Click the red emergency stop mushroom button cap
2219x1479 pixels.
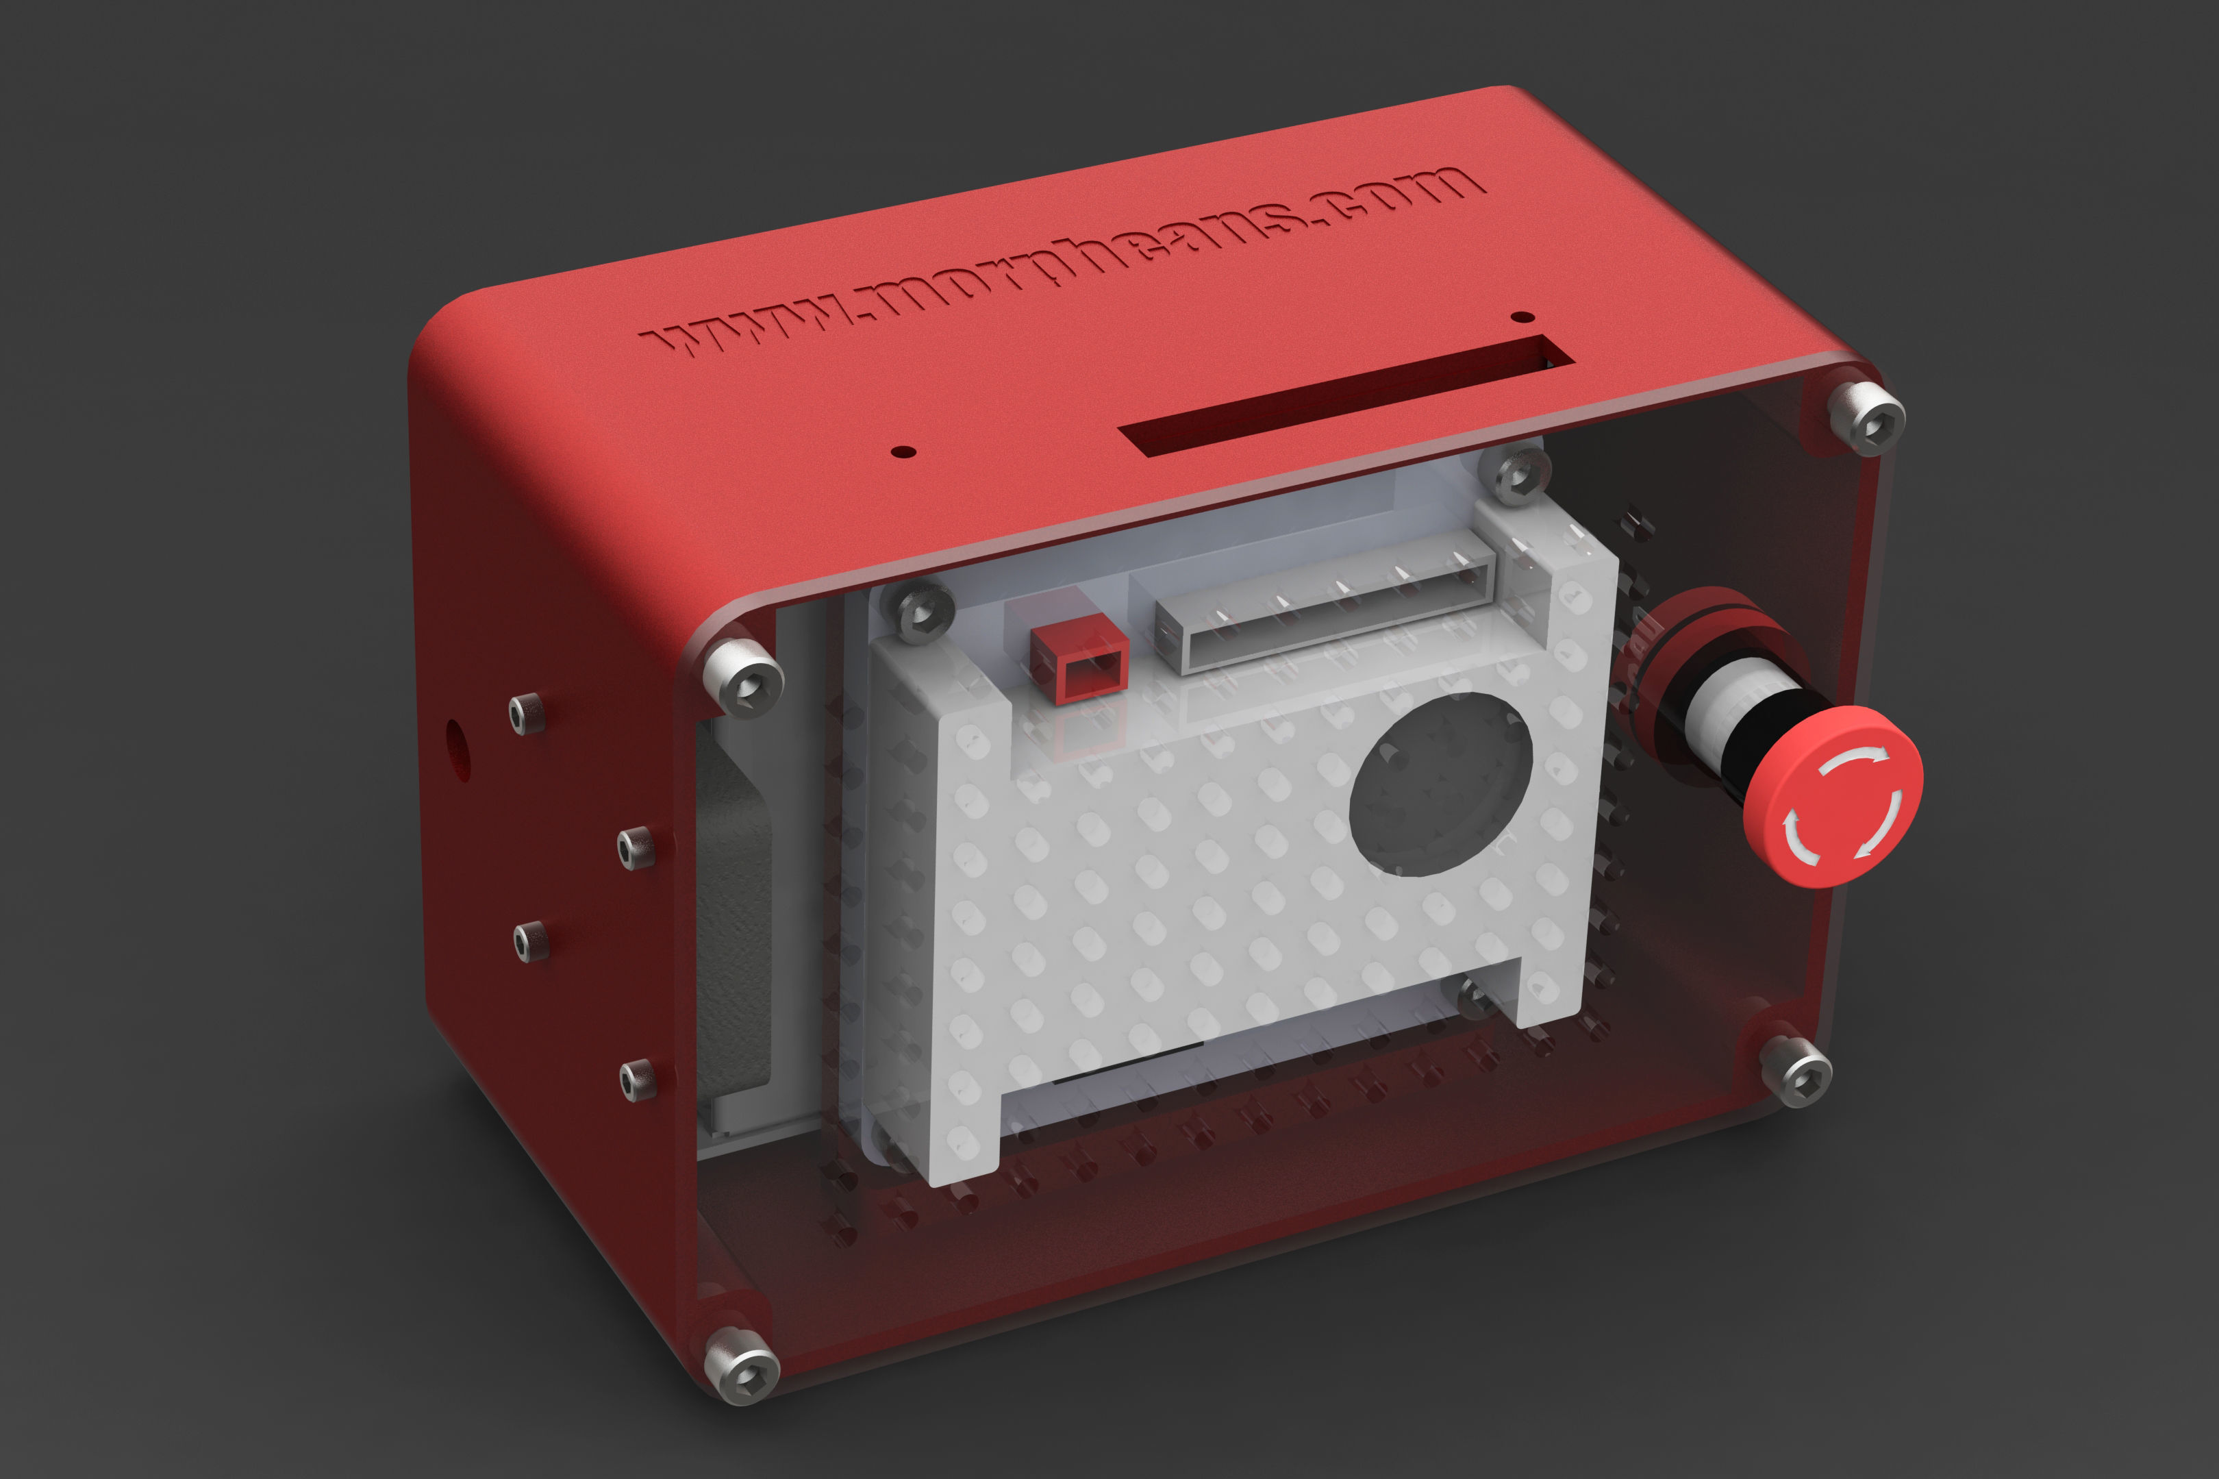point(1831,797)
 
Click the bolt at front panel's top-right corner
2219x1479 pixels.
point(1866,418)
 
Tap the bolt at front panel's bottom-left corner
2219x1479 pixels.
point(742,1364)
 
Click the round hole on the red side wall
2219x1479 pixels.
point(456,750)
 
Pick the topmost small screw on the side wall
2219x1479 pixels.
point(527,713)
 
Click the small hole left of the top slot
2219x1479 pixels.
point(903,451)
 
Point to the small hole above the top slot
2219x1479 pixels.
point(1522,317)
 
